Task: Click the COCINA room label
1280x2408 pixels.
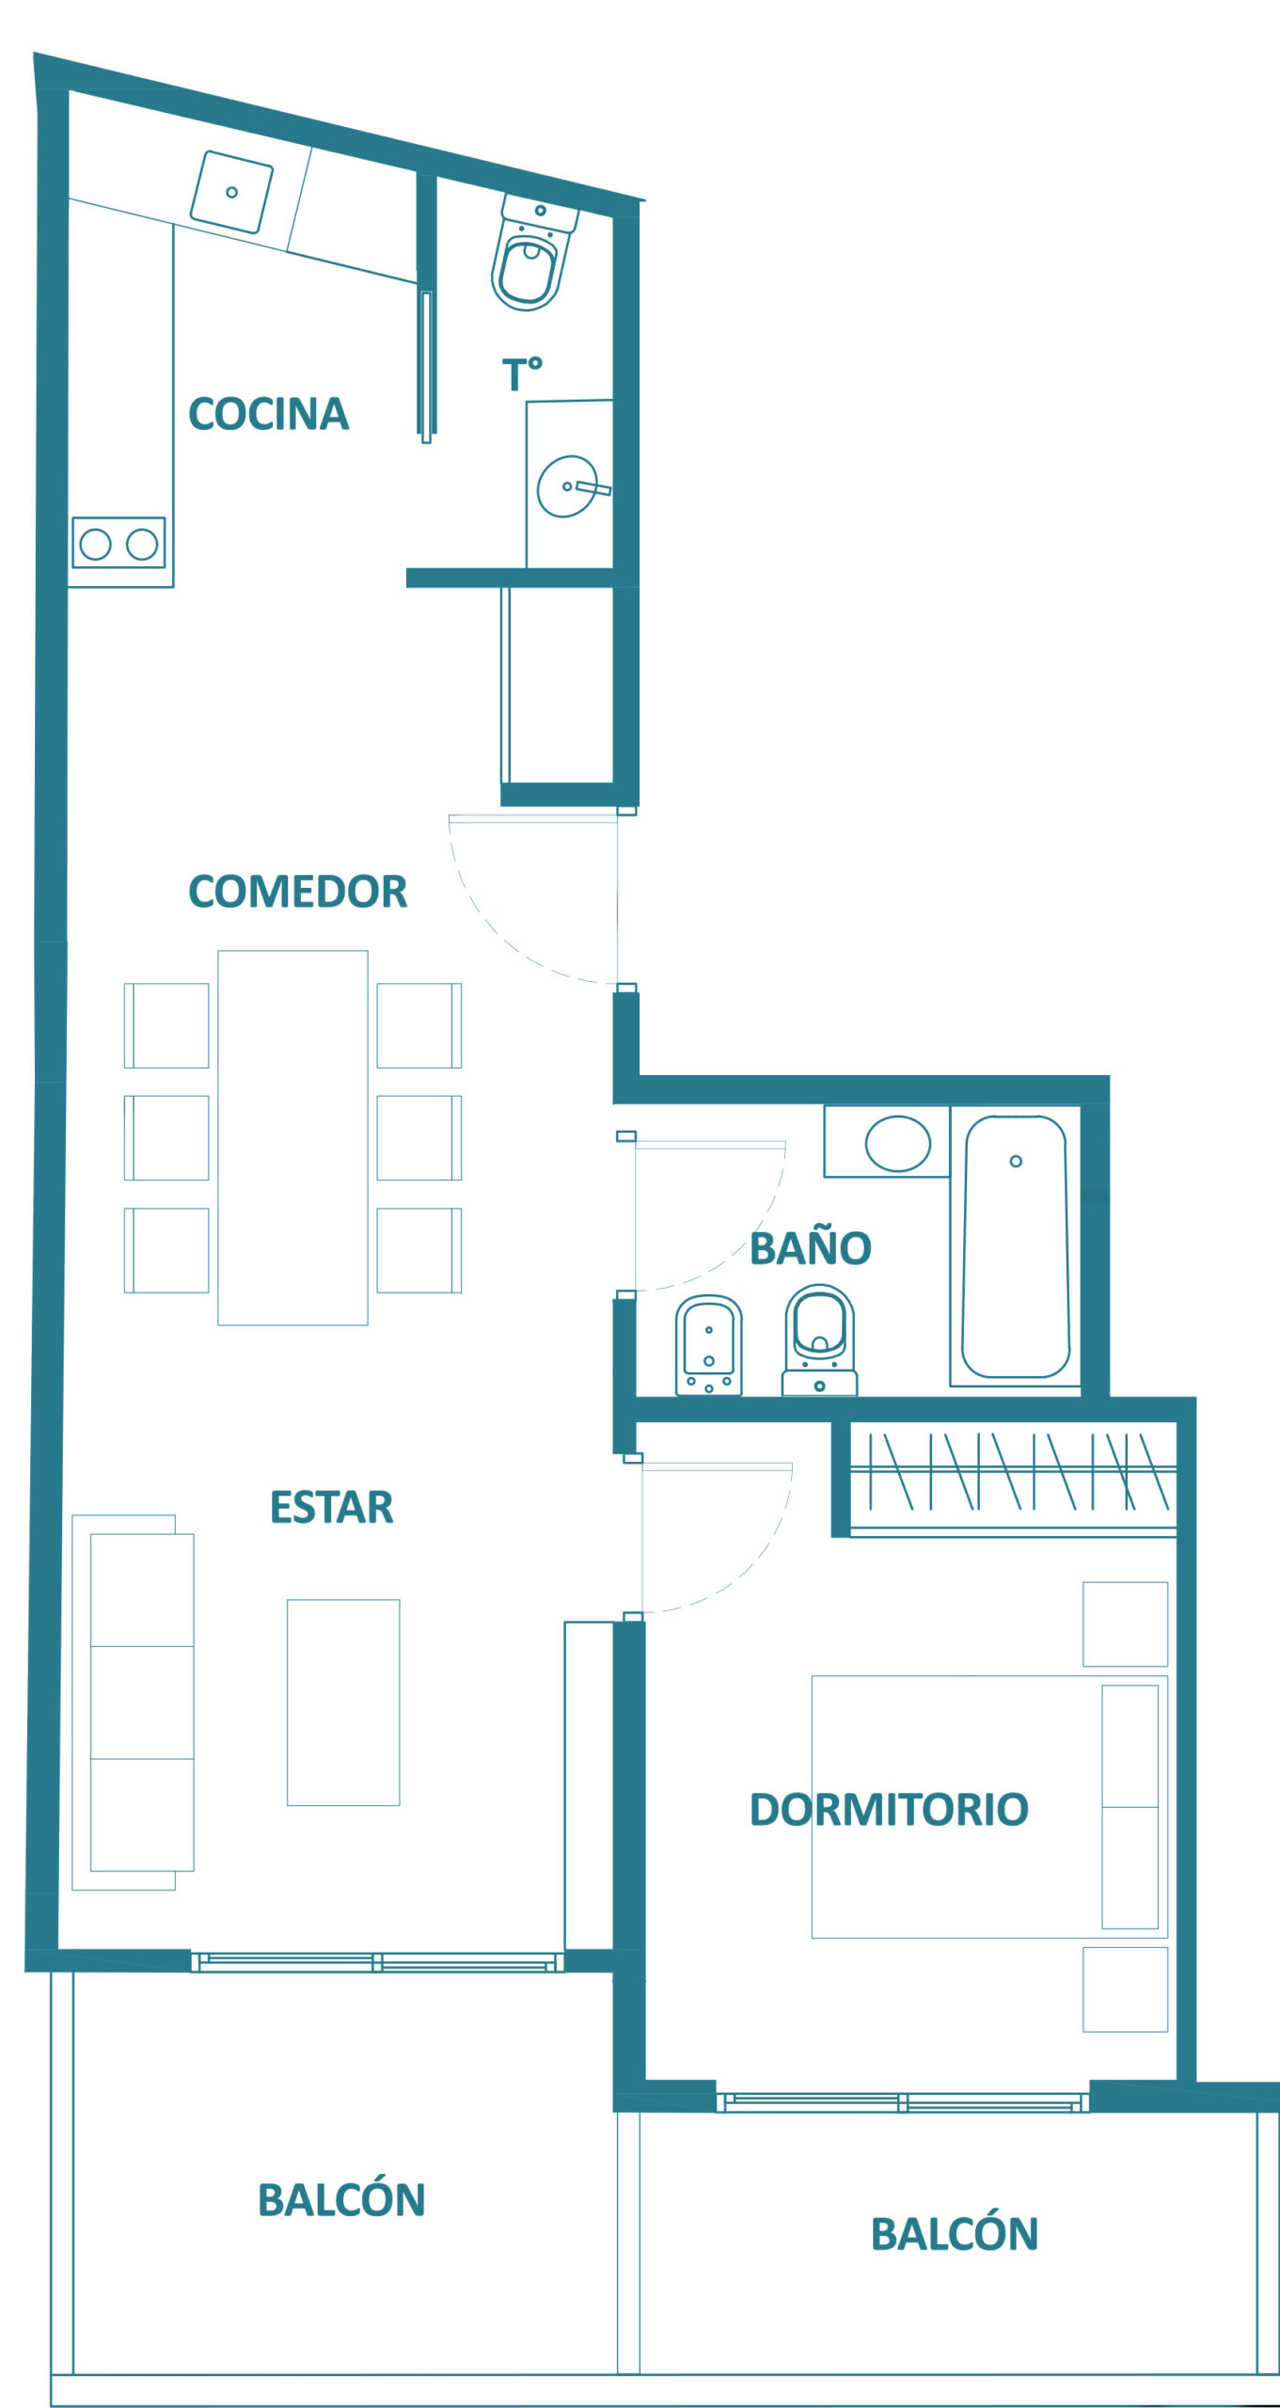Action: click(269, 414)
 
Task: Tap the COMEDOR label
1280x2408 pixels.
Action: click(298, 892)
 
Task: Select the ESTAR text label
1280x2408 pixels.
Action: click(331, 1507)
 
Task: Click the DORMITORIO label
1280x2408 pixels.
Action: click(889, 1809)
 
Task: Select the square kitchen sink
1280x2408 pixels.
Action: click(231, 192)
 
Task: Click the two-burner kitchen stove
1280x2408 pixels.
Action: click(119, 543)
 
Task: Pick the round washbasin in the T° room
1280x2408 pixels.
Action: click(568, 486)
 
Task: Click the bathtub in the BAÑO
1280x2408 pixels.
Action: click(1015, 1246)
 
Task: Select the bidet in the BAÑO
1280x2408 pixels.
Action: click(708, 1345)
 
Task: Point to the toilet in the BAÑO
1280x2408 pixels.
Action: click(819, 1339)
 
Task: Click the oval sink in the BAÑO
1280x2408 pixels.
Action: click(897, 1143)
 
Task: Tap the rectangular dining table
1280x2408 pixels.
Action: click(292, 1137)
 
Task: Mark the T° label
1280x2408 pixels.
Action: click(522, 374)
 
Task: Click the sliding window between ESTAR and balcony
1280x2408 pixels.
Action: click(377, 1962)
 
